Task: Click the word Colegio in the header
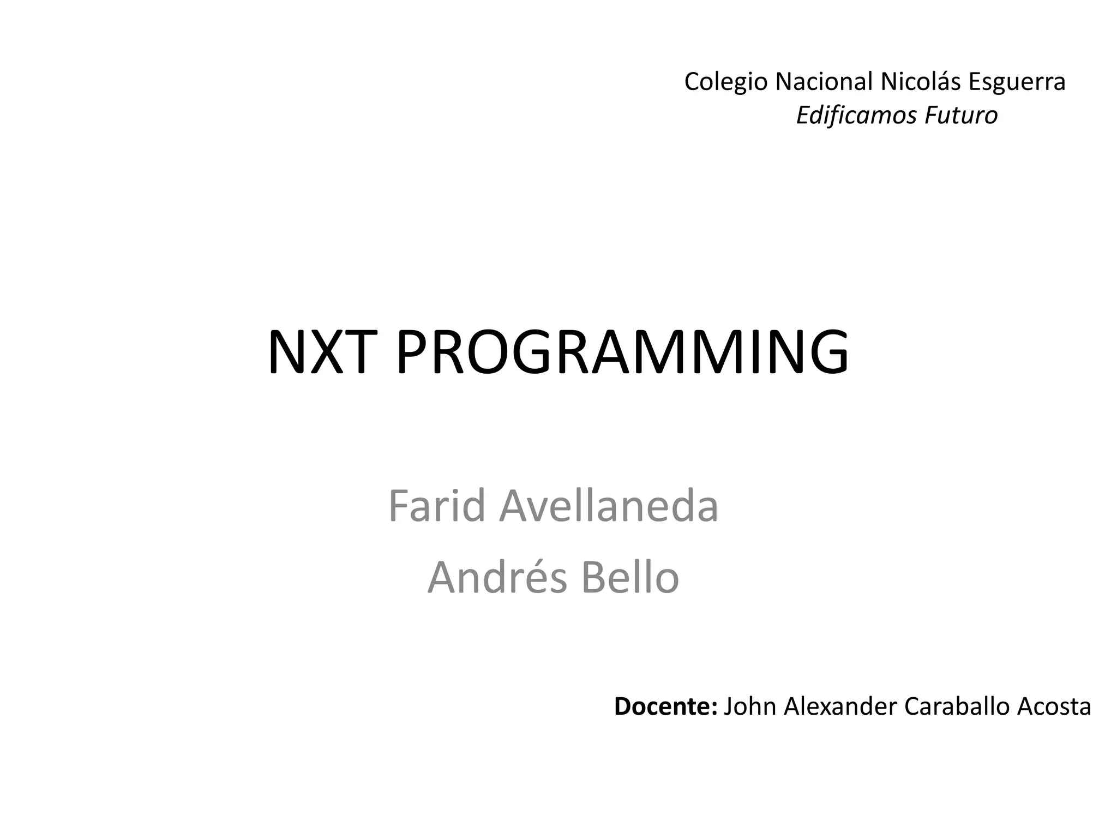(x=725, y=82)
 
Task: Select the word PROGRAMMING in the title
(x=622, y=352)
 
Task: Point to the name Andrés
(x=497, y=578)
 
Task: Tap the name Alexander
(x=840, y=707)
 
